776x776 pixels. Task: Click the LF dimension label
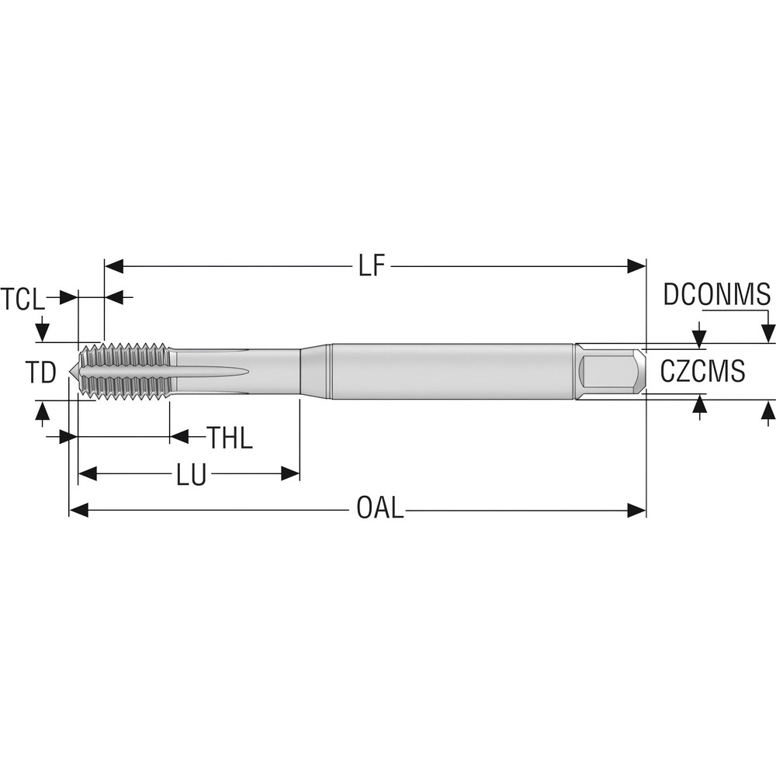(x=371, y=267)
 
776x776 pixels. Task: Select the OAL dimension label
(x=379, y=510)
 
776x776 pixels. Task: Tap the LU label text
(x=191, y=474)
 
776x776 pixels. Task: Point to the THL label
(x=230, y=438)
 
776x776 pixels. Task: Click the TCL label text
(x=23, y=299)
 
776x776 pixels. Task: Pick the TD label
(x=40, y=373)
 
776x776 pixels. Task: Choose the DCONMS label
(x=716, y=295)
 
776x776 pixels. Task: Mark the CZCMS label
(x=702, y=372)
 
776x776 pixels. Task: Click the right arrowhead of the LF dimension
(x=637, y=267)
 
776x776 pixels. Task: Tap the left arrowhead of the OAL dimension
(x=78, y=510)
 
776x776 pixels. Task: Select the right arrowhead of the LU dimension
(x=291, y=473)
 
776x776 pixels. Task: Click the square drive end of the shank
(x=611, y=371)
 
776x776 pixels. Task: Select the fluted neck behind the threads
(x=233, y=371)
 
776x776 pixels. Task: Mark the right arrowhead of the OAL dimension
(x=637, y=510)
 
